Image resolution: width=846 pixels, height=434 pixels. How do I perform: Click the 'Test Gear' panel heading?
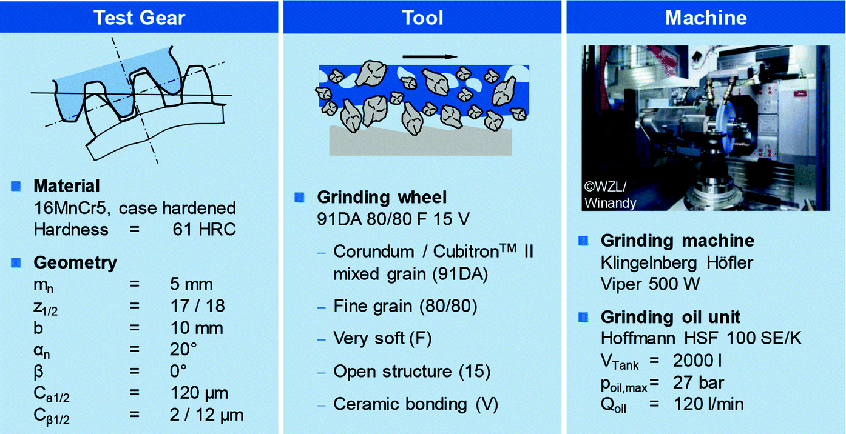[x=139, y=18]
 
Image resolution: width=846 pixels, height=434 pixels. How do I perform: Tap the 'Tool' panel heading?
[x=422, y=18]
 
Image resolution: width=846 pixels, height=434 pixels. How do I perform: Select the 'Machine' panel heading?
[x=706, y=18]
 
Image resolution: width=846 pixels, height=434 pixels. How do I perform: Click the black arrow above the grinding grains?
[x=430, y=57]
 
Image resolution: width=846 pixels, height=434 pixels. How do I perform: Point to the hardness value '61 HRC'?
[x=204, y=229]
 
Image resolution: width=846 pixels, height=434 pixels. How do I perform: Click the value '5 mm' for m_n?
[x=191, y=284]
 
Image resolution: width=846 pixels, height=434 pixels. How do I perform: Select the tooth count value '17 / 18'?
[x=197, y=305]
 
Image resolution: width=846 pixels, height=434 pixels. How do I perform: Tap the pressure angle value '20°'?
[x=183, y=349]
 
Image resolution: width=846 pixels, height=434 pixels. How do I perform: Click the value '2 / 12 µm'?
[x=206, y=415]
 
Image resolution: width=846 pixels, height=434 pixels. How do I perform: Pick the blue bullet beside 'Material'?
[x=16, y=186]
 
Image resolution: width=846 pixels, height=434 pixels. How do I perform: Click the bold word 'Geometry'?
[x=75, y=263]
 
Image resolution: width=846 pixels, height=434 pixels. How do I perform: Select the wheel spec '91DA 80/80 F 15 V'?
[x=393, y=219]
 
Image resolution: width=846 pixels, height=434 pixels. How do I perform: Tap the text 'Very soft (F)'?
[x=382, y=338]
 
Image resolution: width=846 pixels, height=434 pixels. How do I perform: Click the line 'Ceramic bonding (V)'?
[x=416, y=404]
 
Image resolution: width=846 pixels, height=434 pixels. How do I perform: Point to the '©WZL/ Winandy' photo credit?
[x=609, y=195]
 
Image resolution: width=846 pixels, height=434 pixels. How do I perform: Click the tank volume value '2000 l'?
[x=697, y=361]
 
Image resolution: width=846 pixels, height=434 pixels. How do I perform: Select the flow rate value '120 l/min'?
[x=708, y=404]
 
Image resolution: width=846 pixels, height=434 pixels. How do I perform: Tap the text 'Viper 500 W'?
[x=650, y=284]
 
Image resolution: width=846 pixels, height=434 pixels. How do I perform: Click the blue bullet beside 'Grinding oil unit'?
[x=583, y=317]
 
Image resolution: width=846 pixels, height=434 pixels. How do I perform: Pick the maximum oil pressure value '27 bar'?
[x=699, y=382]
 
